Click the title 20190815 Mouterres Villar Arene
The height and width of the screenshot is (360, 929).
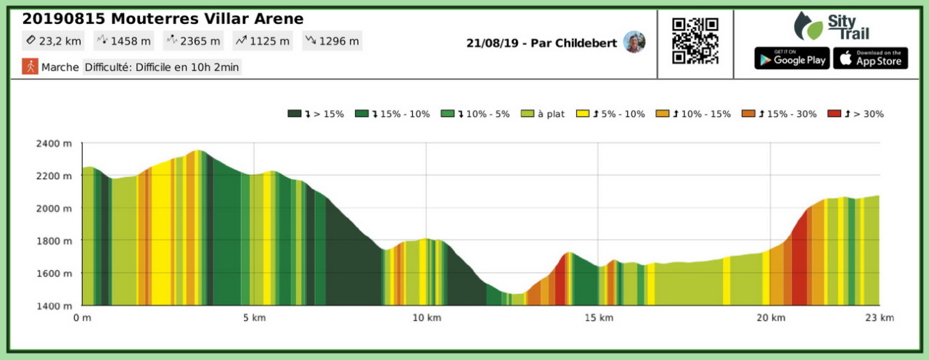click(x=163, y=19)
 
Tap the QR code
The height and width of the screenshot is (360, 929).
click(x=695, y=41)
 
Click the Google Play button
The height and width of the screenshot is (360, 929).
click(x=792, y=58)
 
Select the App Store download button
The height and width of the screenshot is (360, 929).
click(x=870, y=58)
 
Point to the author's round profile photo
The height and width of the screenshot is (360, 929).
click(x=634, y=42)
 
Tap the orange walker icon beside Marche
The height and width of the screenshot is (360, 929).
click(x=30, y=67)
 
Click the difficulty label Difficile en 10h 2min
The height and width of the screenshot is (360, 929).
click(x=161, y=67)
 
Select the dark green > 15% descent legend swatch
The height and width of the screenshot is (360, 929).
click(x=295, y=114)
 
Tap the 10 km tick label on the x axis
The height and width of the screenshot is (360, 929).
click(x=426, y=318)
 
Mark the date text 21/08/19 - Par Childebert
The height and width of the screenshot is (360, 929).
click(x=541, y=43)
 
